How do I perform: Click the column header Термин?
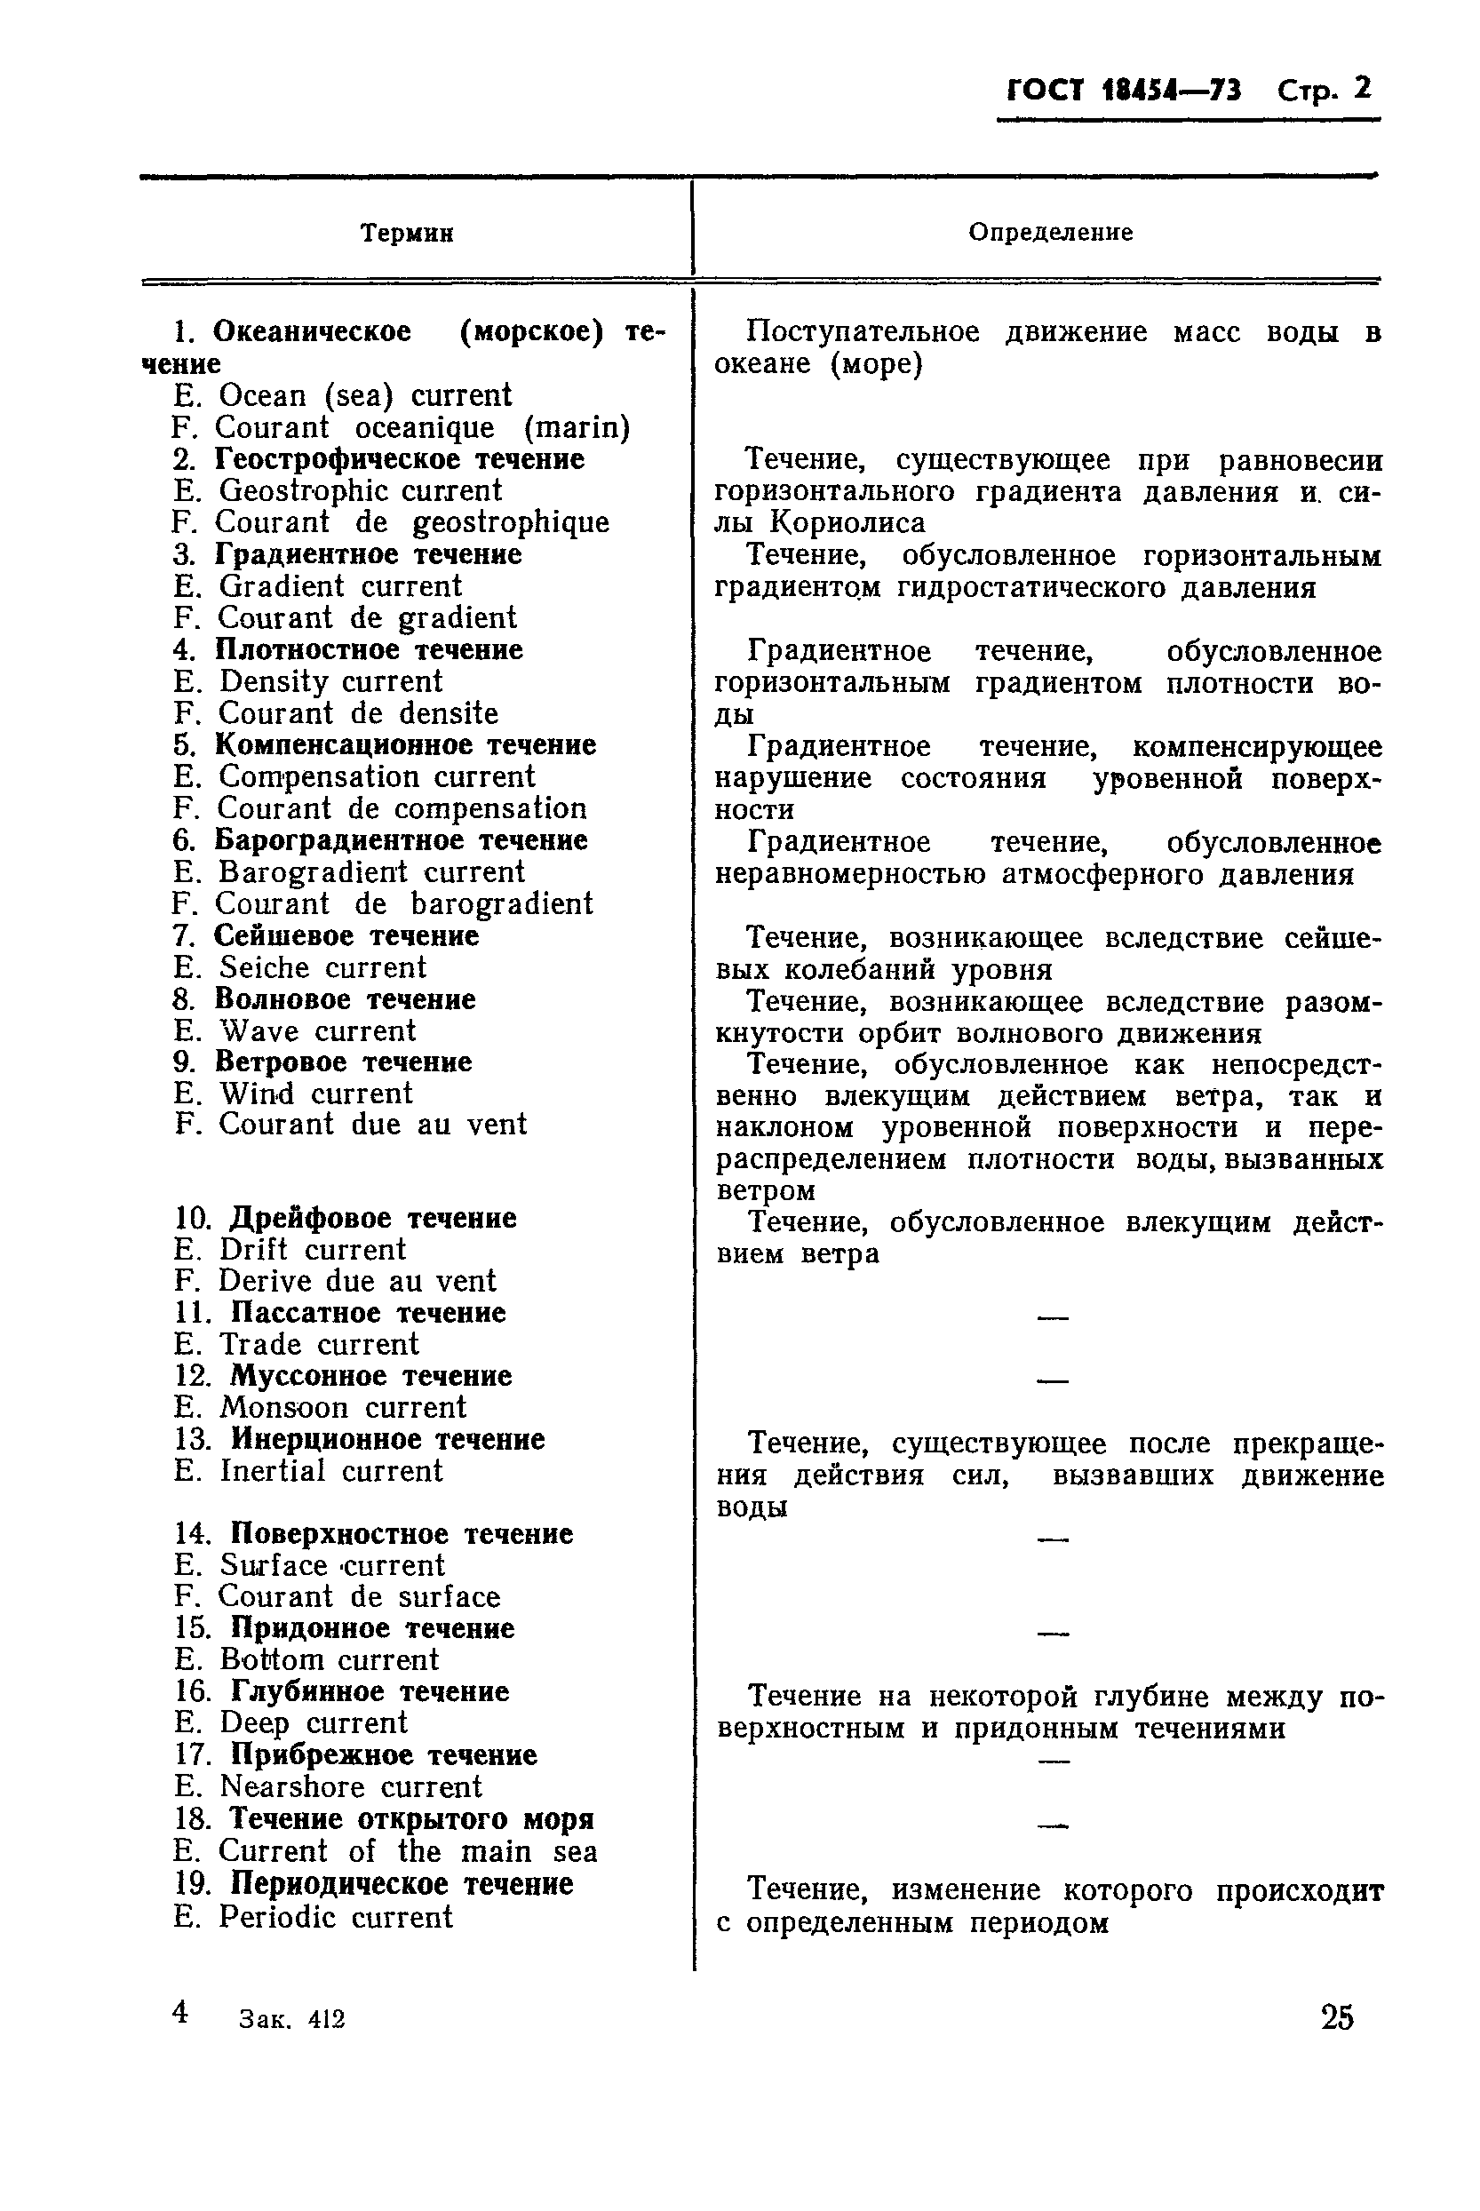point(407,233)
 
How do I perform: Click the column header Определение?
point(1051,232)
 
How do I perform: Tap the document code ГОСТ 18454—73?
point(1123,91)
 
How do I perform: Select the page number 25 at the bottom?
point(1336,2018)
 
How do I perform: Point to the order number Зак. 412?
point(292,2019)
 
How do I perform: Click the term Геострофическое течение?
point(399,459)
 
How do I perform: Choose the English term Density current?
point(330,681)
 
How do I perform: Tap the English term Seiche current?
point(322,967)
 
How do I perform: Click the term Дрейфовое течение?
point(373,1218)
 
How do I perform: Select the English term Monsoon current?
point(343,1408)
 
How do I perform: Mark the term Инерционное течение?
point(387,1439)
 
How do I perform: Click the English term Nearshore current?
point(350,1786)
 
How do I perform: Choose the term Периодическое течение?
point(402,1883)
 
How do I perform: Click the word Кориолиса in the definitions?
point(847,523)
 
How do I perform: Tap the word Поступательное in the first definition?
point(852,332)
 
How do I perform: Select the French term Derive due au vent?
point(357,1282)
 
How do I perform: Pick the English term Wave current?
point(317,1030)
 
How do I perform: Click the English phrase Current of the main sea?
point(408,1851)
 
